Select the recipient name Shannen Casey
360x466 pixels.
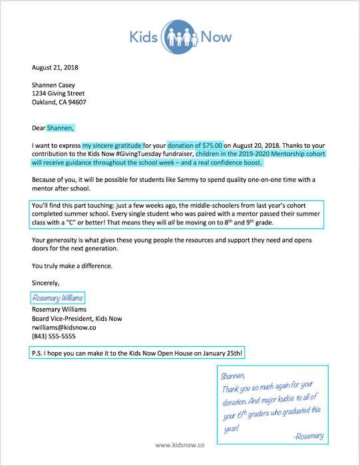54,85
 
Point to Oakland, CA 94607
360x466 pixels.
59,103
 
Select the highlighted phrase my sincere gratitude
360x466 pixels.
112,145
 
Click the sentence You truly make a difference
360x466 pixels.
73,266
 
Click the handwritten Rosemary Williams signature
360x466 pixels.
58,298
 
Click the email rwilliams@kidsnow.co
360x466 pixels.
65,327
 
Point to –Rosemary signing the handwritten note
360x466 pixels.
308,436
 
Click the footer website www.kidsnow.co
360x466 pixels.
180,444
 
